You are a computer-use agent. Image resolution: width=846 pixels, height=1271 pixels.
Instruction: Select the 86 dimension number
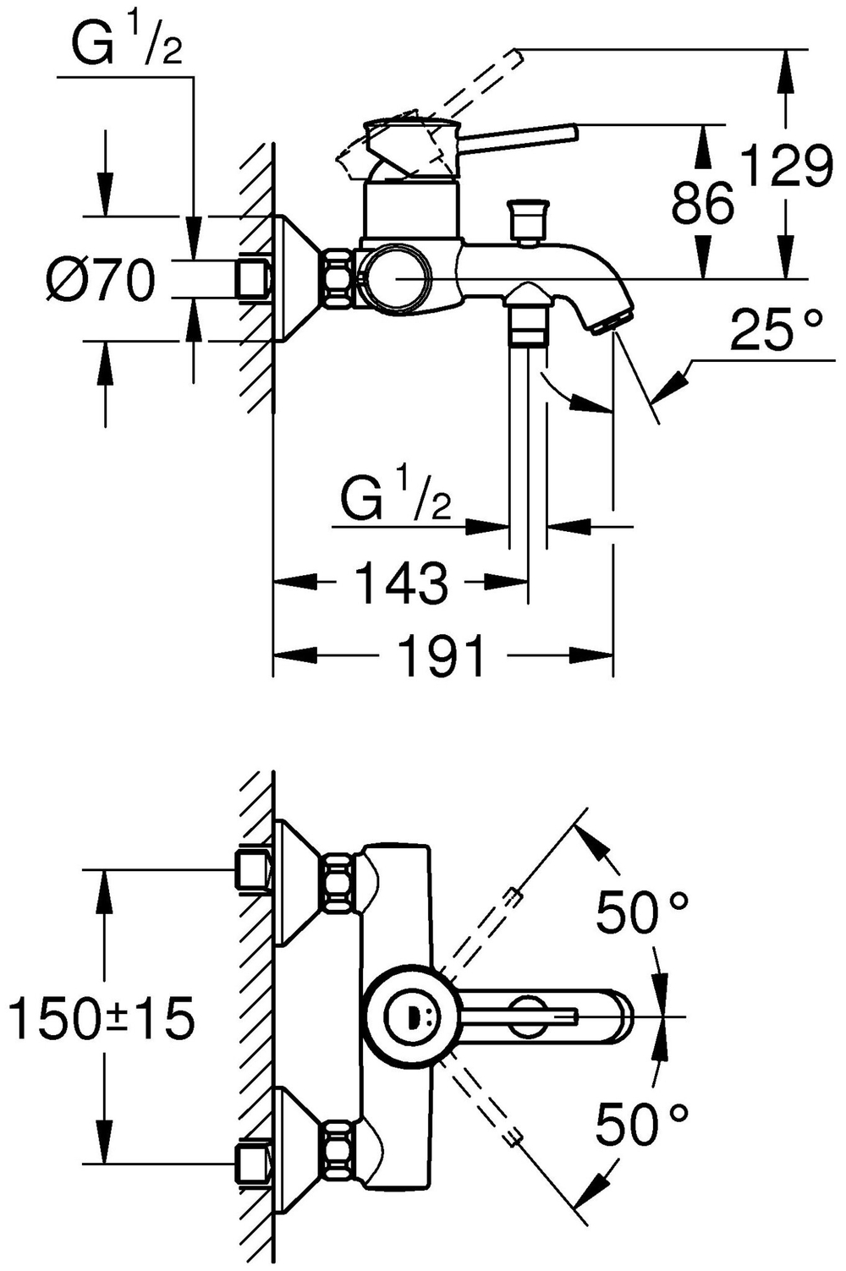(701, 203)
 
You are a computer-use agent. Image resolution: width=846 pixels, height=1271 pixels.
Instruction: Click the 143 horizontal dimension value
(400, 583)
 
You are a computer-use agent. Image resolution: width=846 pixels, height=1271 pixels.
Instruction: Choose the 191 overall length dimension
(442, 655)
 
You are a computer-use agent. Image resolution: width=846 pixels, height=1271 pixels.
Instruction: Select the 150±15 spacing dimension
(101, 1017)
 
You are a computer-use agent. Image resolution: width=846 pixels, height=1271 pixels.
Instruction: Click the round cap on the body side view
(394, 277)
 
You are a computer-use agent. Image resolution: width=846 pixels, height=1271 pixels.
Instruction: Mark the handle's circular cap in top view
(407, 1015)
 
